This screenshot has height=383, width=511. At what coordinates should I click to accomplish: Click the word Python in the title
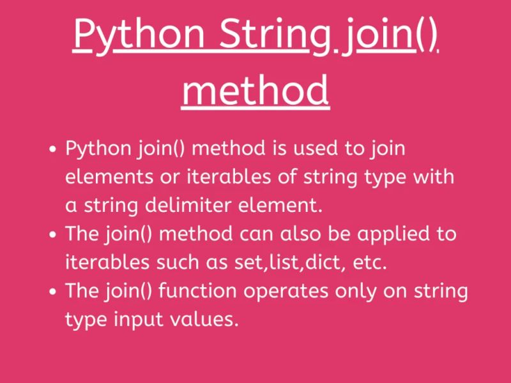click(x=139, y=36)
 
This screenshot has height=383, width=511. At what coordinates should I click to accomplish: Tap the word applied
click(x=388, y=234)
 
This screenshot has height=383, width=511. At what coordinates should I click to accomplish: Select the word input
click(x=134, y=319)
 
